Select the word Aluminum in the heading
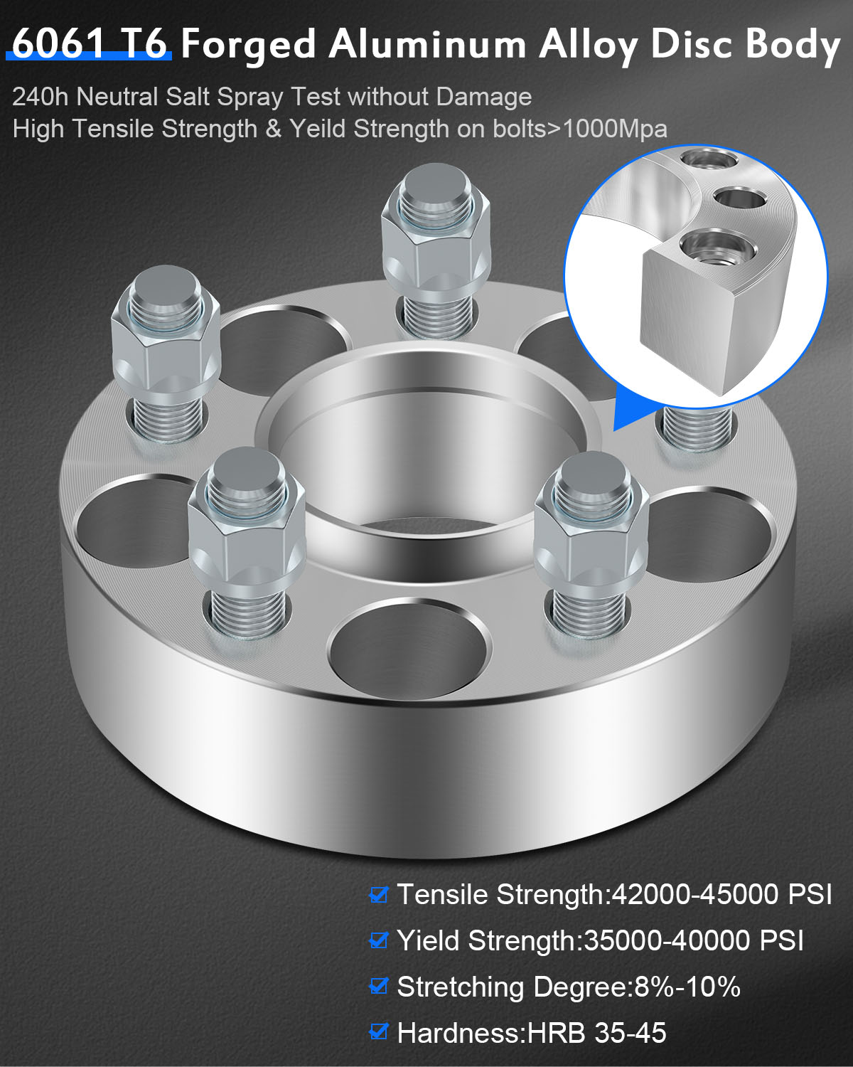pyautogui.click(x=427, y=44)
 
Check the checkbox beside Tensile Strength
pyautogui.click(x=379, y=895)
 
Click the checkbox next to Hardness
pyautogui.click(x=379, y=1032)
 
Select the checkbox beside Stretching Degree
pyautogui.click(x=379, y=987)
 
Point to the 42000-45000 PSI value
pyautogui.click(x=721, y=895)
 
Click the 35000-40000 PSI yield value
pyautogui.click(x=693, y=940)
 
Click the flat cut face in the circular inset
pyautogui.click(x=686, y=320)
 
